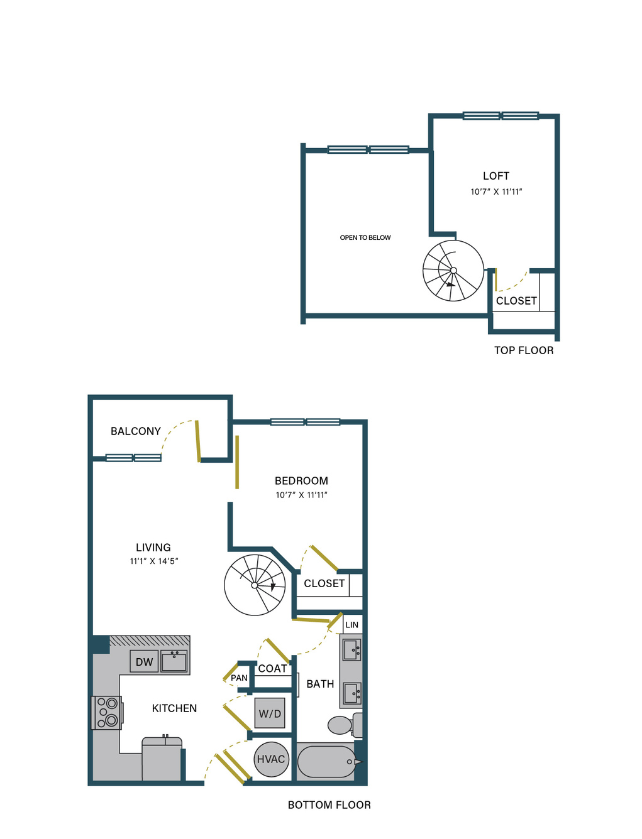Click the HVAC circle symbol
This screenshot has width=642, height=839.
click(x=271, y=759)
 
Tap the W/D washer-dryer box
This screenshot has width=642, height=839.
click(x=270, y=713)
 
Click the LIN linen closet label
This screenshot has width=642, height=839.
click(x=351, y=625)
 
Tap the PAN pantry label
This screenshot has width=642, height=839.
click(x=239, y=678)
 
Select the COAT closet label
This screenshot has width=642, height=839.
click(x=272, y=668)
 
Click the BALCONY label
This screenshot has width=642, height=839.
click(x=135, y=431)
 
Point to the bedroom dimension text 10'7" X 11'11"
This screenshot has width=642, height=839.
click(x=301, y=495)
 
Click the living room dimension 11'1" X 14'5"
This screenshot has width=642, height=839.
click(x=154, y=561)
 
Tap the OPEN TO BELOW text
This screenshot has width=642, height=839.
click(x=365, y=237)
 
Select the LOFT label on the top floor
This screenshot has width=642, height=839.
click(x=496, y=176)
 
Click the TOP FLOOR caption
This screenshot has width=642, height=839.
click(x=524, y=350)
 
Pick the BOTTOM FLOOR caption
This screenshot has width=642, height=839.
click(x=329, y=805)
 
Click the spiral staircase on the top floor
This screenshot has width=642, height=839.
click(x=453, y=270)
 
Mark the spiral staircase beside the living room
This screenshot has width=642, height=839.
click(x=255, y=585)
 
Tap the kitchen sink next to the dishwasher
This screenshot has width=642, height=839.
click(x=174, y=661)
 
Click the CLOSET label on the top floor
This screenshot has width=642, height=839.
click(x=516, y=301)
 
